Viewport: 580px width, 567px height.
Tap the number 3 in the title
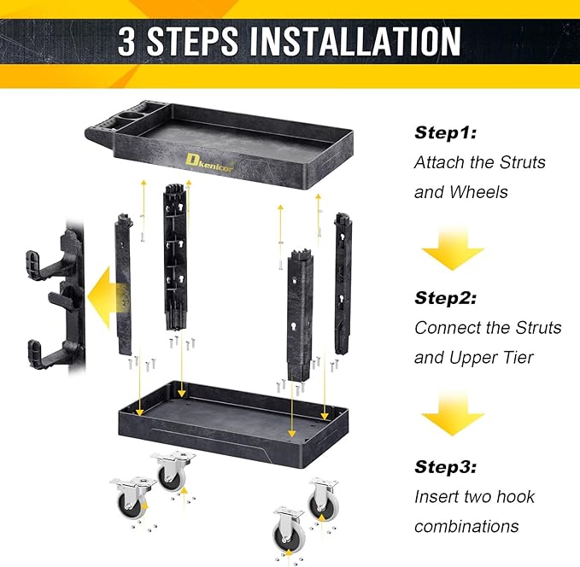point(127,42)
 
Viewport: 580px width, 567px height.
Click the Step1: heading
point(445,132)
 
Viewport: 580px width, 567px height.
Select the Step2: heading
point(445,298)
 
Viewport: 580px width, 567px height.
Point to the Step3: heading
point(445,466)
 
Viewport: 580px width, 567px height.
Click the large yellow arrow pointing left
point(108,289)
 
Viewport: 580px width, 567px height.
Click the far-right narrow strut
point(343,282)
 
